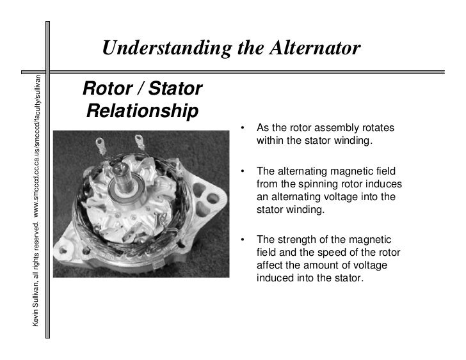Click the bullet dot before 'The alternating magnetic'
point(243,171)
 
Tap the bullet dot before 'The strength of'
point(243,240)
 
